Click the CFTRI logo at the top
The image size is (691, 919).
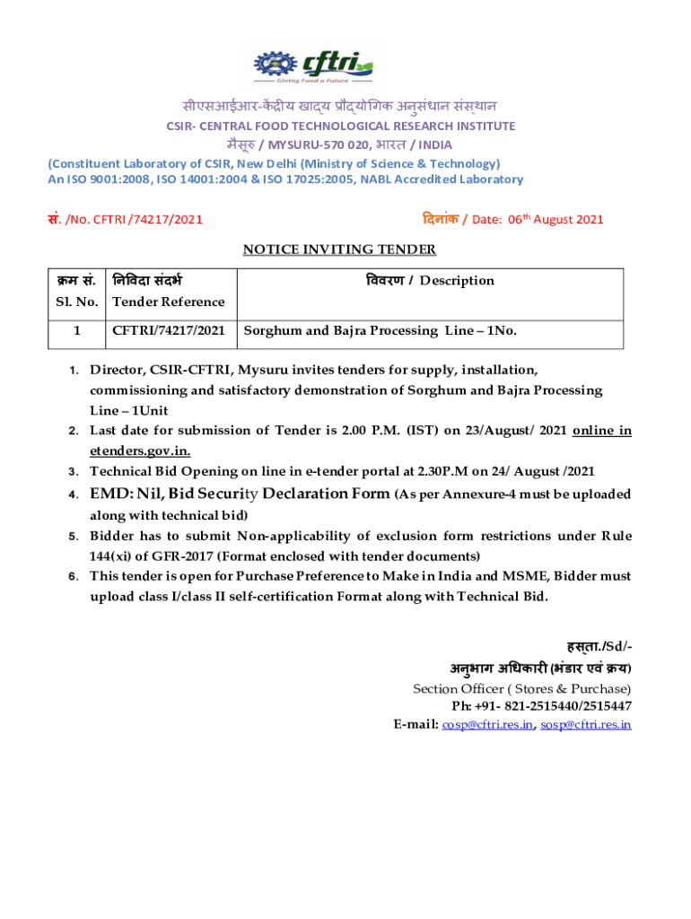coord(314,65)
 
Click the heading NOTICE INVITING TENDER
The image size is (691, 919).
coord(340,249)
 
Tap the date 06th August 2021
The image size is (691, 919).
coord(556,219)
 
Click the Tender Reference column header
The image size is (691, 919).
coord(168,302)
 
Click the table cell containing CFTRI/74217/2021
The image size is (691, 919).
coord(169,330)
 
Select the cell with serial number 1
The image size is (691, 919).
coord(76,330)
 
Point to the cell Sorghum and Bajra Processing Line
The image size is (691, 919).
coord(380,330)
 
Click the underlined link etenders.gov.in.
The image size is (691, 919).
coord(139,451)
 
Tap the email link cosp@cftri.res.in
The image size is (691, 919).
coord(487,724)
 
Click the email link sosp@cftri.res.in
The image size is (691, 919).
coord(586,724)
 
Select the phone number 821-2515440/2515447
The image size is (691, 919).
coord(567,706)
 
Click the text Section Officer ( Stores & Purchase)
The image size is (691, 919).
coord(522,689)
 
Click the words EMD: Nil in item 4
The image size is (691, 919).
coord(125,494)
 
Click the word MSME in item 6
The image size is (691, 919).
coord(504,576)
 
